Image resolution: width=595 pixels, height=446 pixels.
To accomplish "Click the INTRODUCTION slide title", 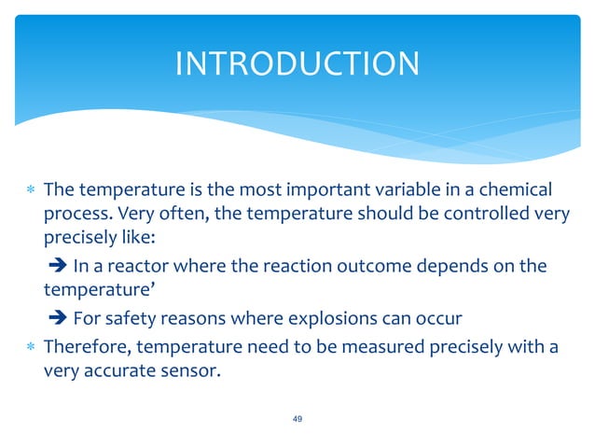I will point(297,63).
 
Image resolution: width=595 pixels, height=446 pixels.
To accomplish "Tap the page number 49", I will point(297,419).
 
